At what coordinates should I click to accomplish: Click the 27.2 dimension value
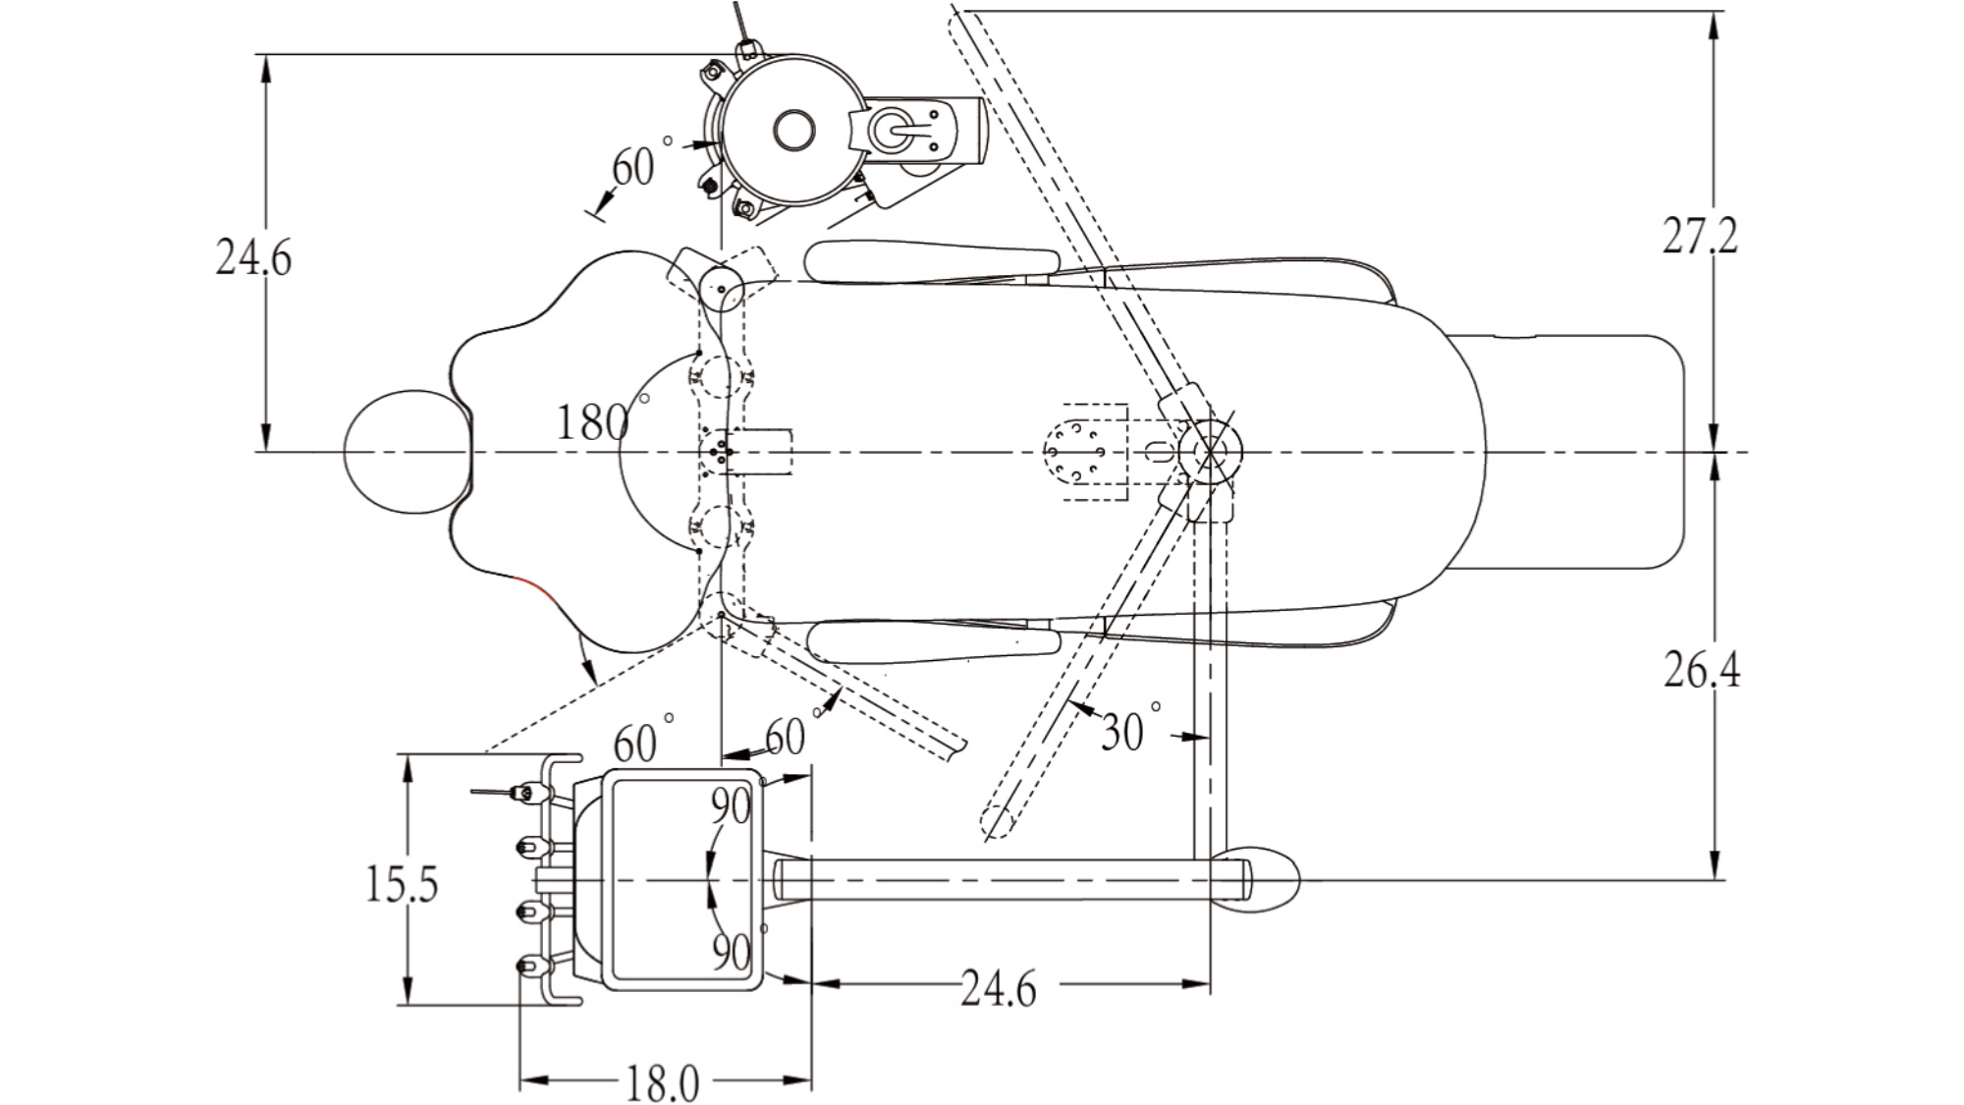(1700, 236)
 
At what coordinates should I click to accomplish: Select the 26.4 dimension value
(1702, 670)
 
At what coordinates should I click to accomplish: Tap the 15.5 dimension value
(402, 884)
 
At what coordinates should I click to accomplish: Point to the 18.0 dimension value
(663, 1084)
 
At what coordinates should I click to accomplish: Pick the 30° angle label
(1130, 729)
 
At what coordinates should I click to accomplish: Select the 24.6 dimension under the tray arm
(998, 988)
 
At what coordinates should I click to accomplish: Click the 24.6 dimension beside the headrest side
(253, 257)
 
